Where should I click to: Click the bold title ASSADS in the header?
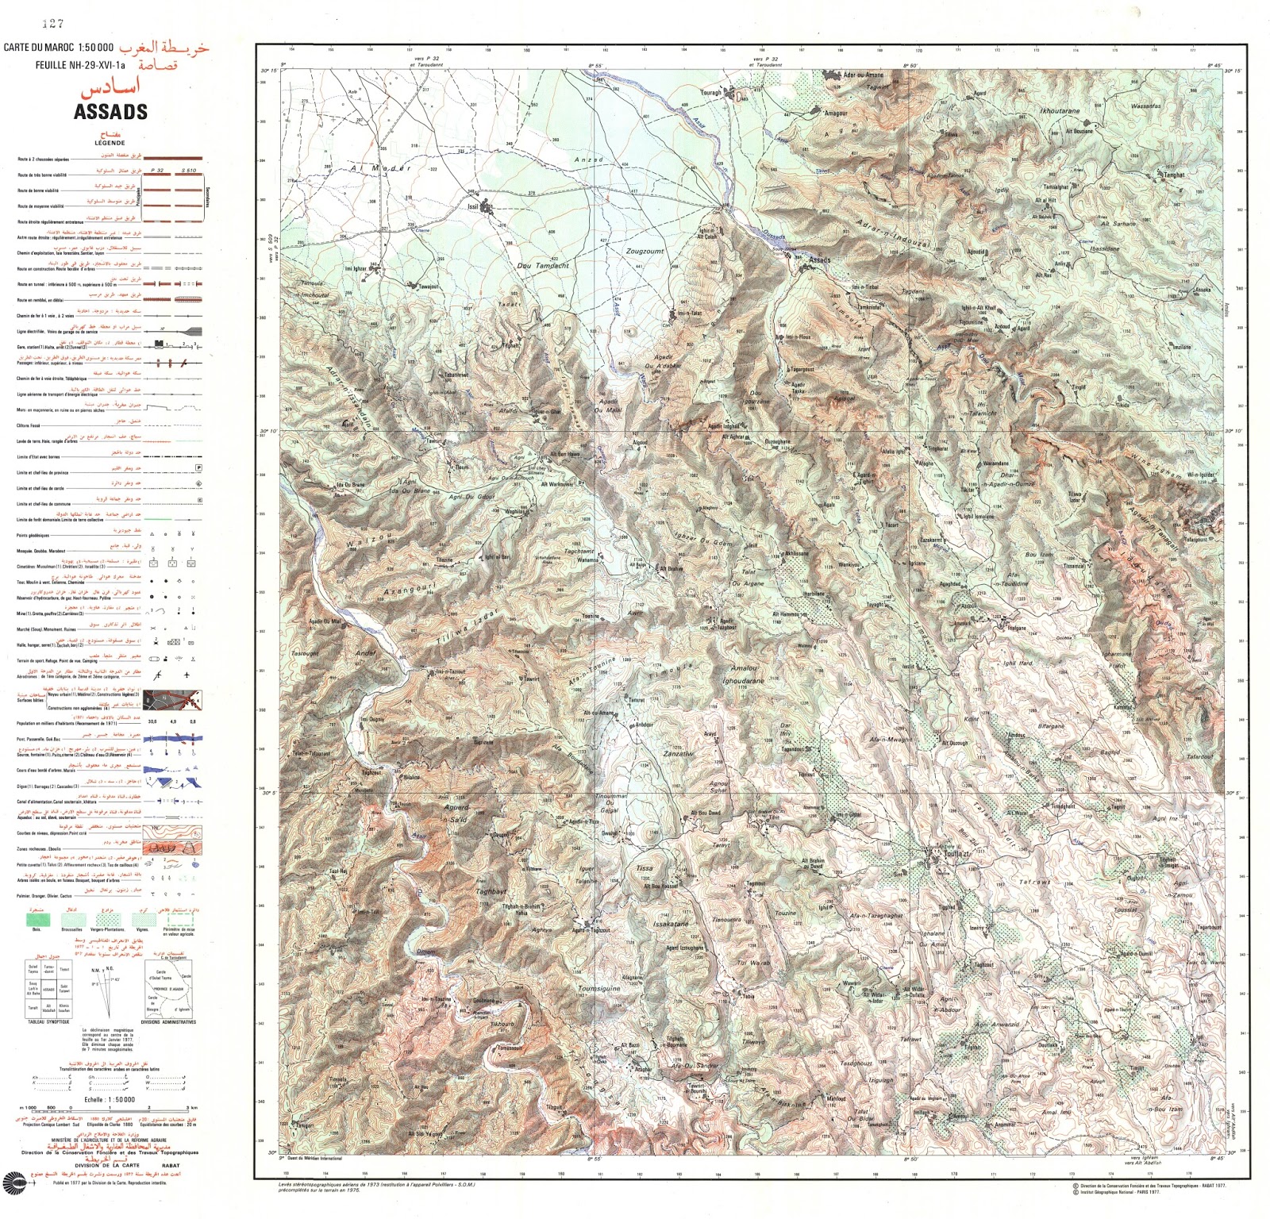tap(110, 112)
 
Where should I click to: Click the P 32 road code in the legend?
tap(156, 170)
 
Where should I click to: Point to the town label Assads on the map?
tap(818, 260)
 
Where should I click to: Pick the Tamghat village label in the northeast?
tap(1173, 175)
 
